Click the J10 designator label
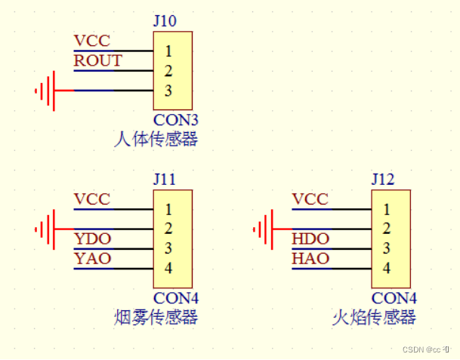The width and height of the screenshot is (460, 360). [165, 20]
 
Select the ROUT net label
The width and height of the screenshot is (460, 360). [97, 61]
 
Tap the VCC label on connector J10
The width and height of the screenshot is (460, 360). [91, 41]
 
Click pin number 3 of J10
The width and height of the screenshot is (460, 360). [168, 91]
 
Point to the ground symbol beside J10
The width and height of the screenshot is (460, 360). [46, 91]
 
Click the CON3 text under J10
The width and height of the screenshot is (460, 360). [175, 120]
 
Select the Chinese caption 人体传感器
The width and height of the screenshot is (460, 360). [155, 139]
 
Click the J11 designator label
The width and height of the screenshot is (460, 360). [165, 180]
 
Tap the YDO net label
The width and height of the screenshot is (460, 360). [92, 239]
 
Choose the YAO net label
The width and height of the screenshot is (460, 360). [92, 259]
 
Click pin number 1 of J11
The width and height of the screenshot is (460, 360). [168, 210]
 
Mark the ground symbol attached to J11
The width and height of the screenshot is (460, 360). [46, 229]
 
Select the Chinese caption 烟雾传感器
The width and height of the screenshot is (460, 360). [155, 317]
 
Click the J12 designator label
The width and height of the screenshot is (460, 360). [383, 180]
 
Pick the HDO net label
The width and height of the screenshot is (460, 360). [310, 239]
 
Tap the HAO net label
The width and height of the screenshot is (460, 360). [310, 259]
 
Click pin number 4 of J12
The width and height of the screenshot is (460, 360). [386, 268]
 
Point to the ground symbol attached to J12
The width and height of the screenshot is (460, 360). [264, 229]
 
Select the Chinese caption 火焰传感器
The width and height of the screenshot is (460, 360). [373, 317]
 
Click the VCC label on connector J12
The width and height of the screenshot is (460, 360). [310, 199]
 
